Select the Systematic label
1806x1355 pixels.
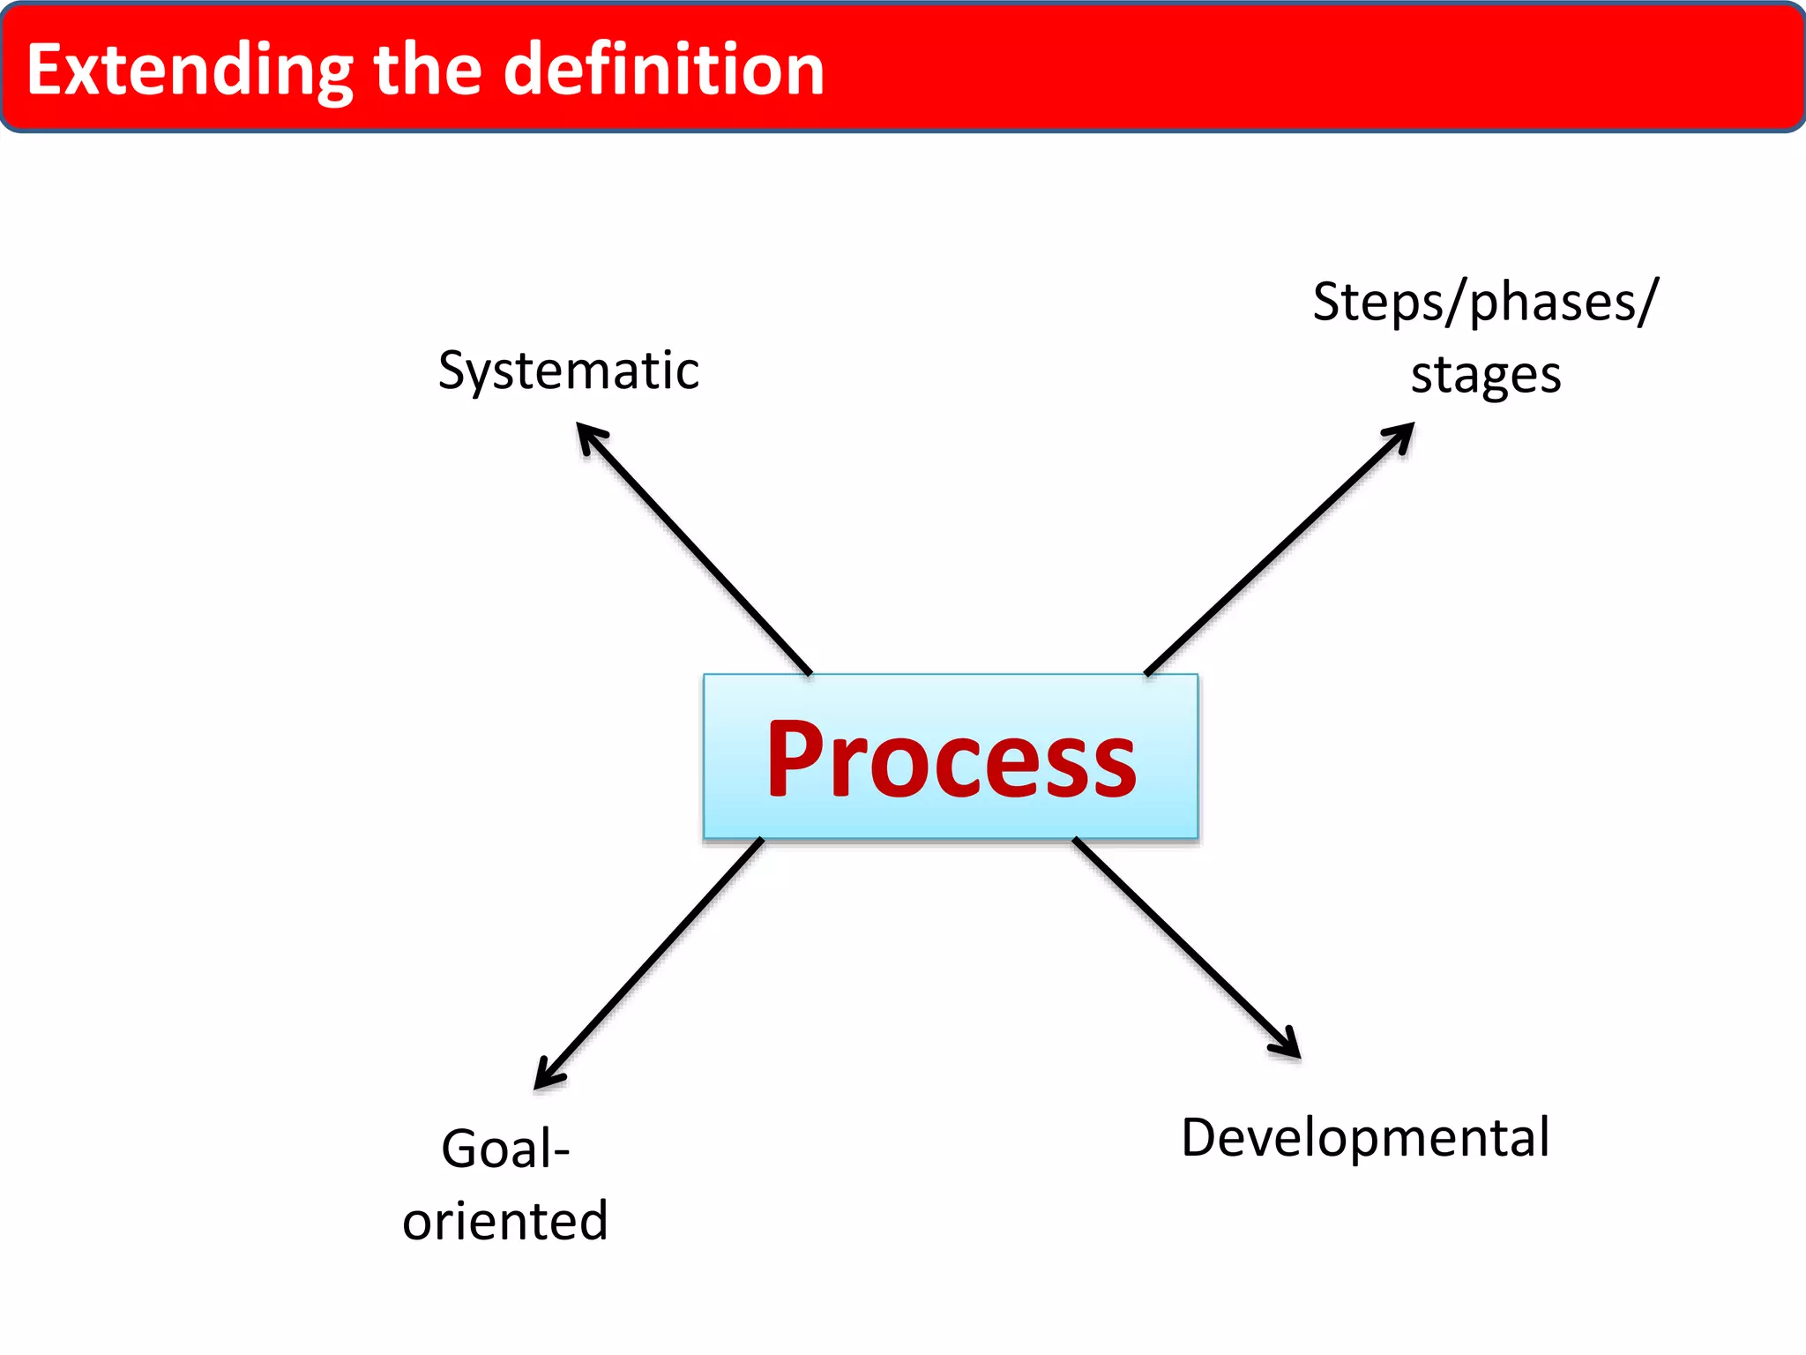(569, 371)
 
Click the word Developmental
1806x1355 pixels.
(1365, 1138)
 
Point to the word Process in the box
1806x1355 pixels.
(951, 759)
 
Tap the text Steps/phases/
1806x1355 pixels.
(1486, 303)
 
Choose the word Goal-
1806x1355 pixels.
(505, 1149)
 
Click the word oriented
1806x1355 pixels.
(505, 1222)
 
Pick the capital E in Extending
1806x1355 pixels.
(46, 71)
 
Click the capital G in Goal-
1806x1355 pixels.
(460, 1149)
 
